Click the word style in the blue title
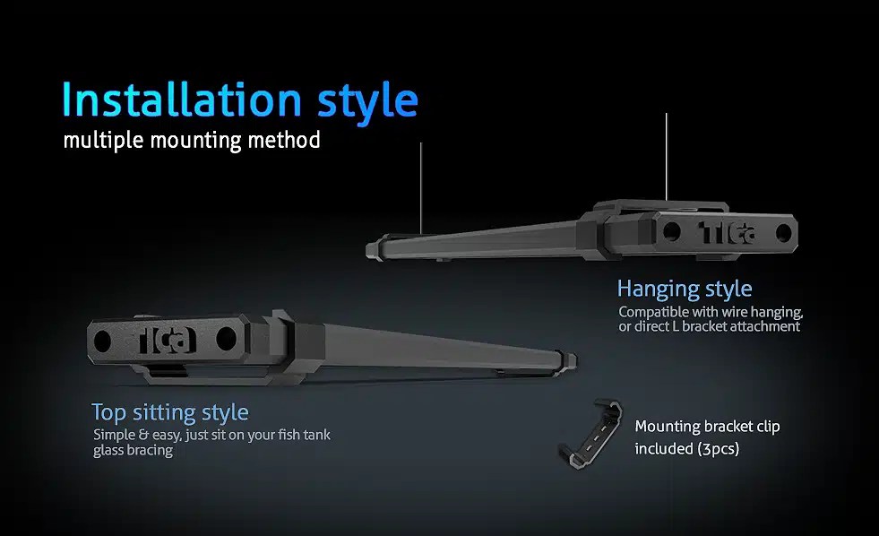(367, 100)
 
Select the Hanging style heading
(685, 289)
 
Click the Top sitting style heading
(169, 412)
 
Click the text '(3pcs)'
(718, 448)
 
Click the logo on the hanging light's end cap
(727, 231)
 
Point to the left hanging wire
(420, 184)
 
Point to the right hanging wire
(667, 157)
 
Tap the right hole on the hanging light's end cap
(783, 232)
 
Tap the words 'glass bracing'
(133, 451)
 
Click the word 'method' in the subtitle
(289, 141)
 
